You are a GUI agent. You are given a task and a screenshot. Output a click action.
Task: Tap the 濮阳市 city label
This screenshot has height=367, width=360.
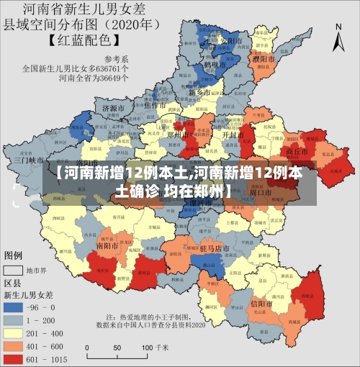[x=265, y=58]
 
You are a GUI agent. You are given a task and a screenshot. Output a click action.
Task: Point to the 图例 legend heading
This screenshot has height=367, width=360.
[x=14, y=255]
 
